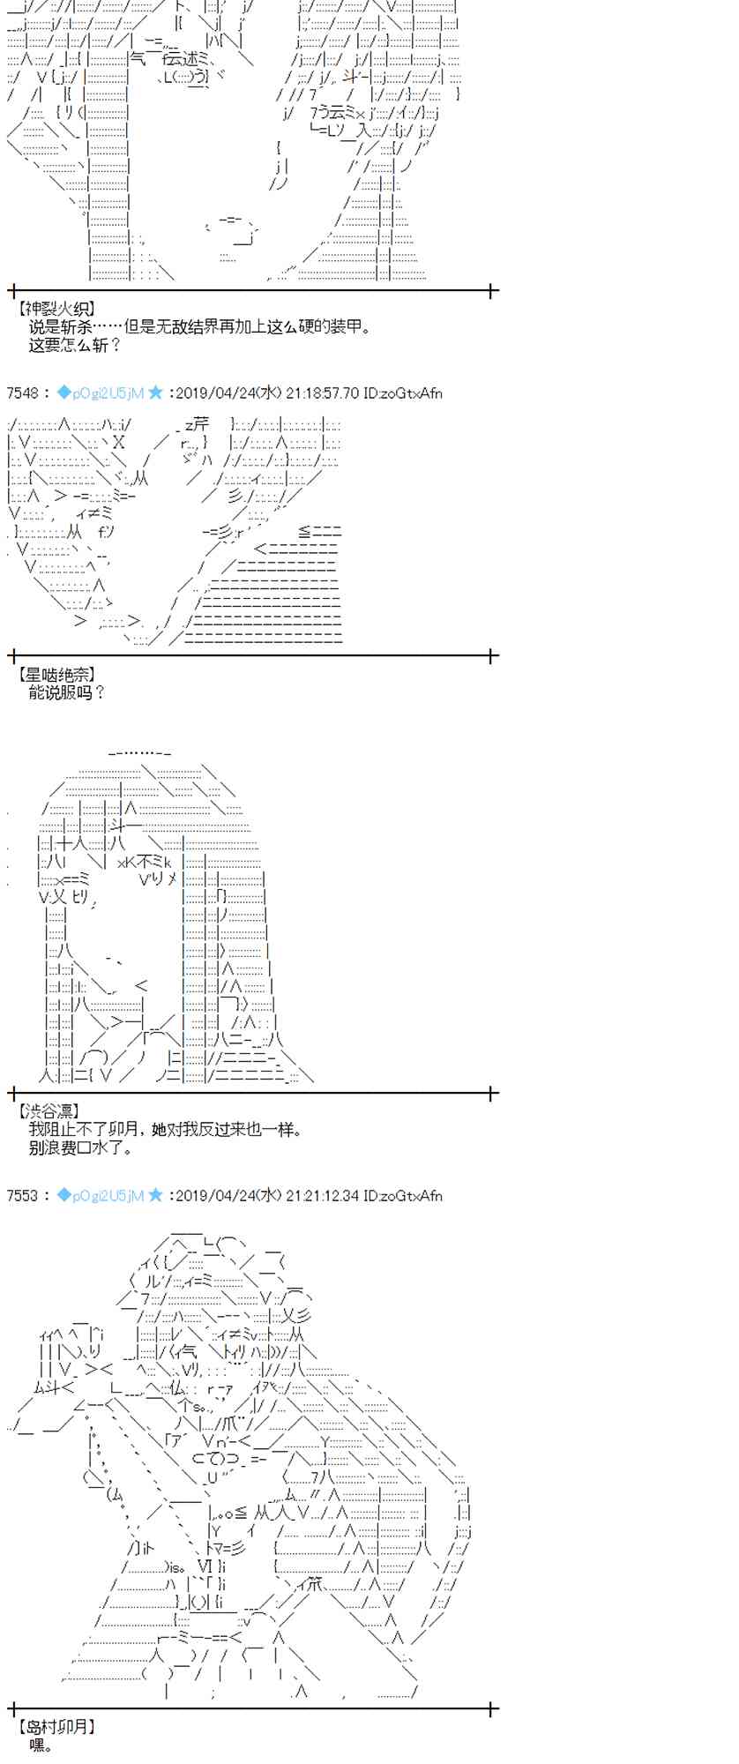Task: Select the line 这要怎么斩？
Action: click(x=74, y=345)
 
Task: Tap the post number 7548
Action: click(x=22, y=393)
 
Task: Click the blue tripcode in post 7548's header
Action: click(x=106, y=393)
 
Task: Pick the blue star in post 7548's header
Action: click(x=155, y=393)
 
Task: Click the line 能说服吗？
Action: click(x=67, y=693)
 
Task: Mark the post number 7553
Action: click(x=22, y=1196)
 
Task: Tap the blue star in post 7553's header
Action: click(x=155, y=1196)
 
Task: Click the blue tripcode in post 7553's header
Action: click(x=106, y=1196)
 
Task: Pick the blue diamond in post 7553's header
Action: click(x=63, y=1196)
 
